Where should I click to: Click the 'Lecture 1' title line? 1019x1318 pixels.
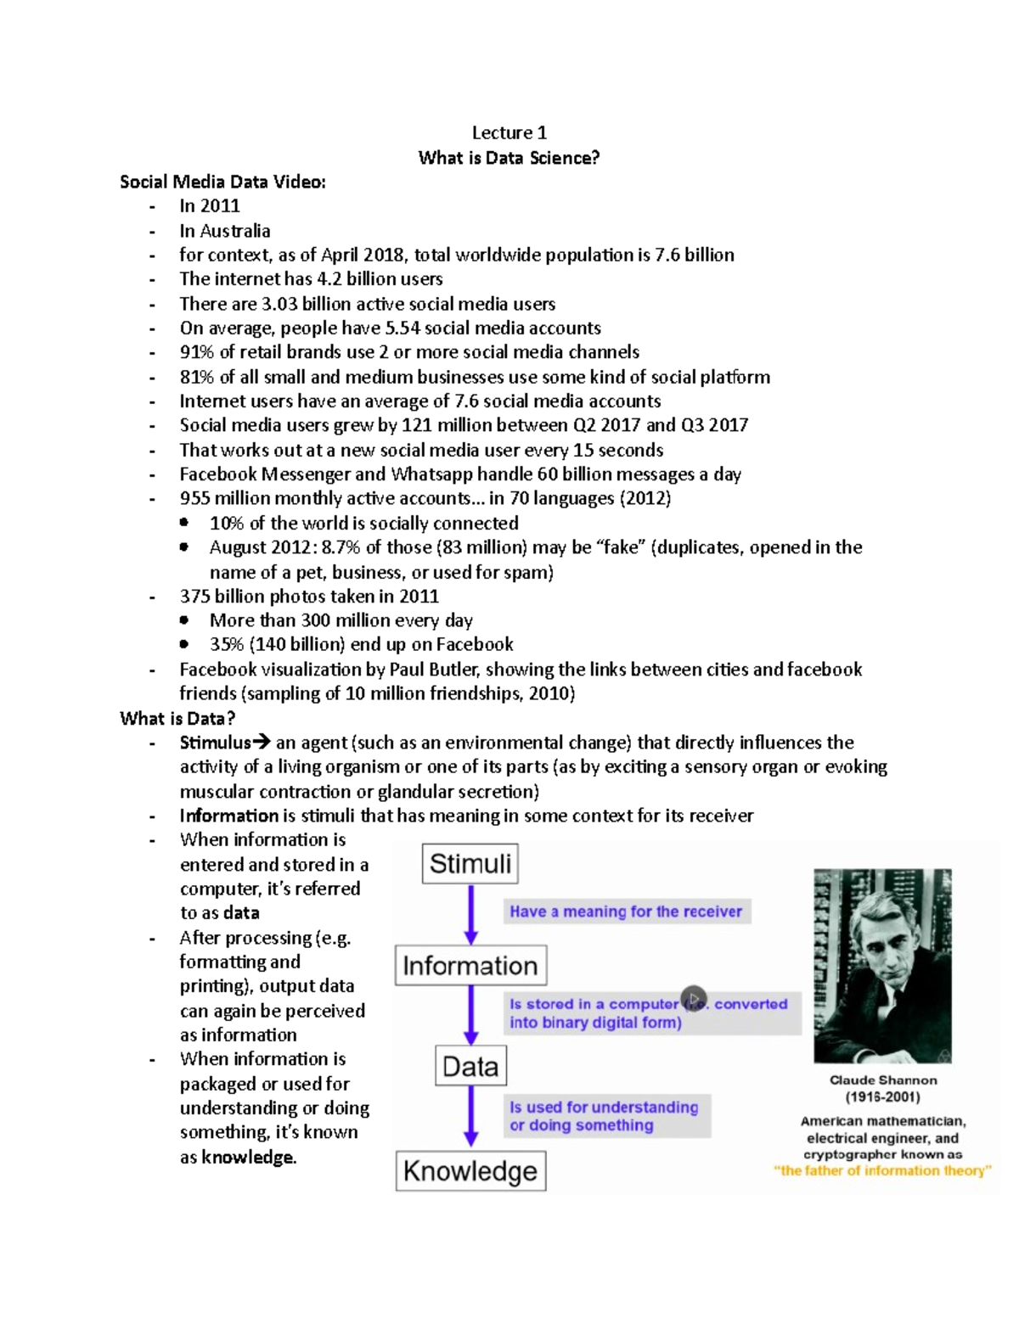[509, 132]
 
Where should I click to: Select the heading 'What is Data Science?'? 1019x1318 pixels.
[509, 158]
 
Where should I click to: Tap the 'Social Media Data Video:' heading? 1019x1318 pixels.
[222, 182]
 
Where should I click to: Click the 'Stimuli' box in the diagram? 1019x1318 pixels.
[470, 863]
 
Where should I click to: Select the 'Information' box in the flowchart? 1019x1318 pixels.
[470, 966]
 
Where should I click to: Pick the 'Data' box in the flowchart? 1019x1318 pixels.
[470, 1066]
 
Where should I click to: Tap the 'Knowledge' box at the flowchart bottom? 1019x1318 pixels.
[470, 1171]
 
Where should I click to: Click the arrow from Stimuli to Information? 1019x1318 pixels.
[471, 915]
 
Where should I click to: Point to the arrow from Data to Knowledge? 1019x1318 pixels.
[471, 1117]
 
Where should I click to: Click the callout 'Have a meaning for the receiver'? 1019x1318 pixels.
[626, 911]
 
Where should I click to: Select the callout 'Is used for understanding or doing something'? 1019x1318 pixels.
[604, 1116]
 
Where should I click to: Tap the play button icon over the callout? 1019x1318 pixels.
[694, 999]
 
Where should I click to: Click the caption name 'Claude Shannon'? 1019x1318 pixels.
[883, 1080]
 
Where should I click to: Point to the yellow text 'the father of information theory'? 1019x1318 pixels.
[882, 1171]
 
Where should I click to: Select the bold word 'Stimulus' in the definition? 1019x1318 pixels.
[215, 743]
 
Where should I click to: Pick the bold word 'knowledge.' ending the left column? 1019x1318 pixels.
[249, 1158]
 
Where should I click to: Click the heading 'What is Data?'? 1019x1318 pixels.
[177, 719]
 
